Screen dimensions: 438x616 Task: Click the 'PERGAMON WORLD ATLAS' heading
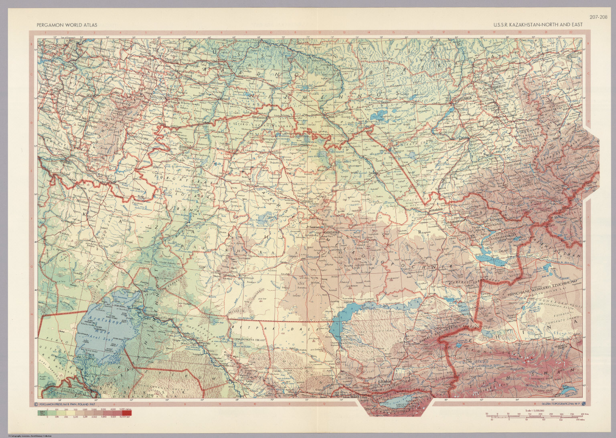coord(67,25)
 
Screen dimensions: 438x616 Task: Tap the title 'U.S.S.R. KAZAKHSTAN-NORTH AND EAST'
coord(538,25)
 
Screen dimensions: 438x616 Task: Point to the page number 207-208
coord(597,17)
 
